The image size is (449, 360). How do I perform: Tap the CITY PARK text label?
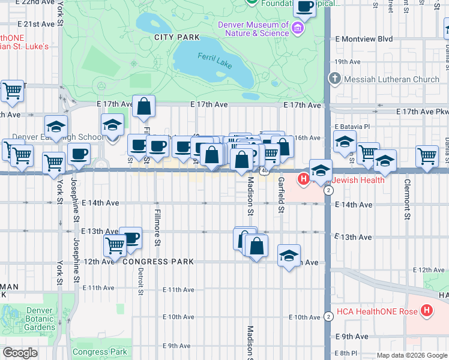point(176,37)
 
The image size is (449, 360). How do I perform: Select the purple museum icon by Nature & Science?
point(297,28)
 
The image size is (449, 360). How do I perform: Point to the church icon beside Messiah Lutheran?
point(335,79)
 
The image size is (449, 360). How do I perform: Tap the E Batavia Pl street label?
point(354,127)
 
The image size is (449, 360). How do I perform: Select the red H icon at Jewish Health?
point(304,179)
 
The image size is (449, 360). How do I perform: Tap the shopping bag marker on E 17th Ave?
point(144,108)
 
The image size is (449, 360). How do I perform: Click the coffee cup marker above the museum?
point(304,7)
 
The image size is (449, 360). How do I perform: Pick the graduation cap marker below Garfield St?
point(289,256)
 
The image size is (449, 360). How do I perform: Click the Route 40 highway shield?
point(264,171)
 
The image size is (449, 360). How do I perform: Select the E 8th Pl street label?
point(348,353)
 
